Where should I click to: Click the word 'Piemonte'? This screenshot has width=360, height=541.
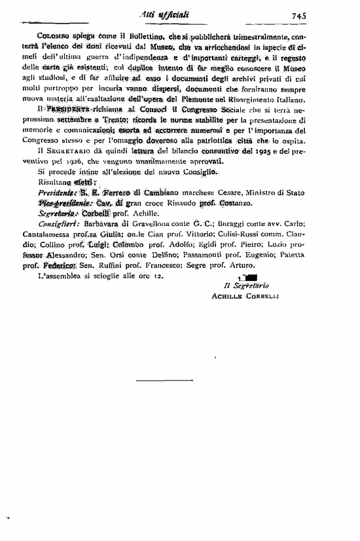[x=211, y=100]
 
